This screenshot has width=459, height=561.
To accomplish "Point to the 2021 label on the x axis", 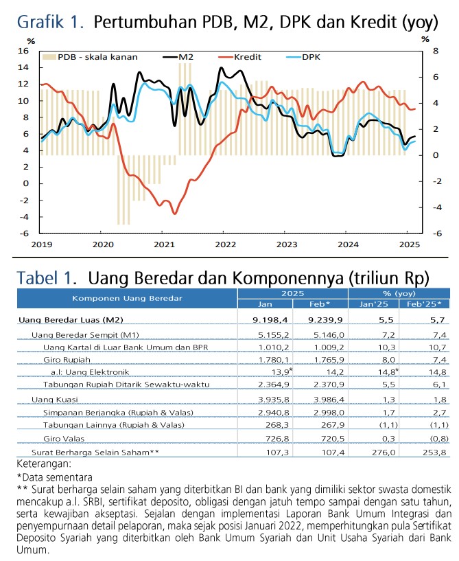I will (x=163, y=244).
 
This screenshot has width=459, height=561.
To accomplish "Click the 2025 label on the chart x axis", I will (x=410, y=244).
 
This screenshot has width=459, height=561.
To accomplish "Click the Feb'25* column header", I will (x=424, y=304).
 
